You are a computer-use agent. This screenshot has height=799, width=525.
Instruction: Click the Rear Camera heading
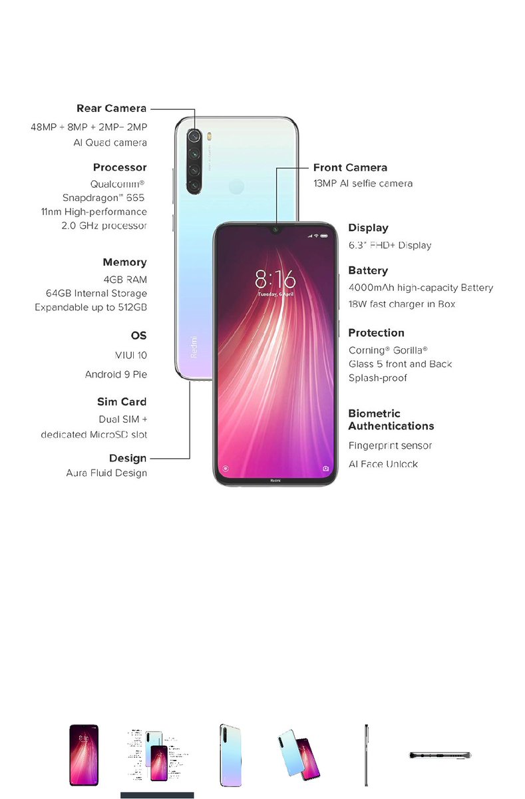tap(111, 109)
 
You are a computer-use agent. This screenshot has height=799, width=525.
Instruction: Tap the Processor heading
tap(120, 167)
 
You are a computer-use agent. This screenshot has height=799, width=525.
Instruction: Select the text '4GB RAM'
tap(125, 279)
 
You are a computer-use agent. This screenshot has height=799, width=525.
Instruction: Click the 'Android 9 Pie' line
tap(116, 374)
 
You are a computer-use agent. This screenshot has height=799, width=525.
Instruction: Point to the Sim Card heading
tap(122, 401)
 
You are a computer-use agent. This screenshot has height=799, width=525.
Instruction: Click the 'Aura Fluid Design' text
tap(106, 473)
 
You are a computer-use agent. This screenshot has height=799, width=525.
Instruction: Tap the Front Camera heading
tap(350, 167)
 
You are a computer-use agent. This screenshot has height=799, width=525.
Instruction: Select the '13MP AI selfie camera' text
tap(363, 183)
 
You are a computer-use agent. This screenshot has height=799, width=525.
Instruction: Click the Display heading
tap(368, 228)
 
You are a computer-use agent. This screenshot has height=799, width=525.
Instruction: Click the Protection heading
tap(376, 332)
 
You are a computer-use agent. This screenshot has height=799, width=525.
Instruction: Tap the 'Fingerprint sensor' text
tap(390, 445)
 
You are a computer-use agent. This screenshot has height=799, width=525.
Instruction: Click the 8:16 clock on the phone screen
tap(275, 278)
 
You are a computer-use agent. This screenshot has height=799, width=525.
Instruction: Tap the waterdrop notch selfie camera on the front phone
tap(275, 230)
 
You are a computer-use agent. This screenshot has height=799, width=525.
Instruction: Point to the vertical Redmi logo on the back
tap(194, 347)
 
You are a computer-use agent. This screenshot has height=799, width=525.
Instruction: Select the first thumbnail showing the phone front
tap(84, 755)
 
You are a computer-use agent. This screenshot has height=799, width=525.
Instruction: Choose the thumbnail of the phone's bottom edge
tap(439, 755)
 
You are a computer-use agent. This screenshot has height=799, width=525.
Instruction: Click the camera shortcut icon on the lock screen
tap(326, 468)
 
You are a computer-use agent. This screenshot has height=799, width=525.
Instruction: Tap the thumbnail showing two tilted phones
tap(298, 755)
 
